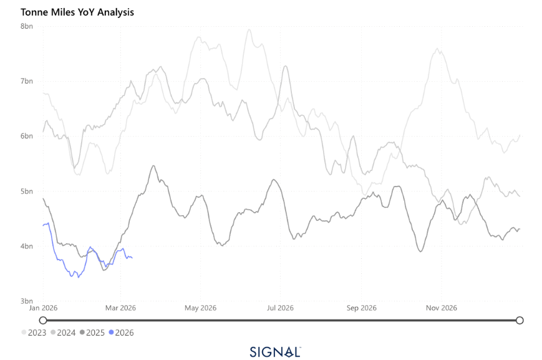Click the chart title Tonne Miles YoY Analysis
(x=77, y=12)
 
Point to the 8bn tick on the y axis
(x=27, y=26)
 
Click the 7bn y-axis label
(x=27, y=81)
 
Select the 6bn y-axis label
(x=27, y=136)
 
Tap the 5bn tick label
(x=27, y=191)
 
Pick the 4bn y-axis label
(x=27, y=246)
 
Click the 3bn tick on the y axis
(x=27, y=301)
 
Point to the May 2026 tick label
(x=200, y=308)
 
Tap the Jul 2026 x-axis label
(x=280, y=308)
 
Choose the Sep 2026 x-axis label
(x=361, y=308)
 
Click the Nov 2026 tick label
(x=441, y=308)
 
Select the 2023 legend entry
(x=34, y=333)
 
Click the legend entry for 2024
(x=63, y=333)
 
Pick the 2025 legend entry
(x=92, y=333)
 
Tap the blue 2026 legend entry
(x=121, y=333)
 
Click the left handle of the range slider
(x=43, y=320)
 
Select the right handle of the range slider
(x=520, y=320)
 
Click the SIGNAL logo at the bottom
(x=275, y=351)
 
